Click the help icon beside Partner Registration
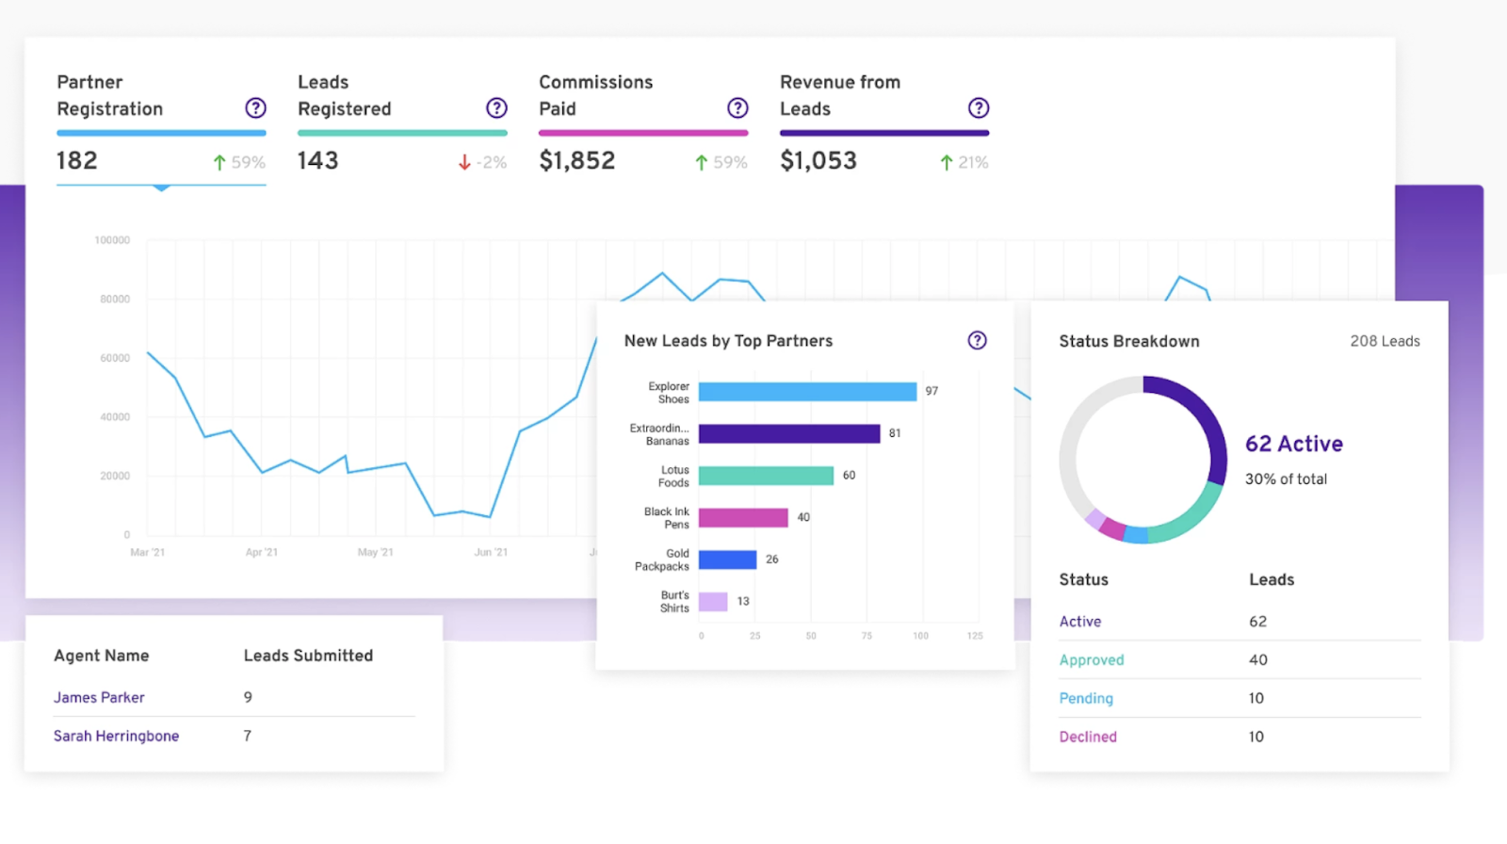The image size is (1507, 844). [255, 108]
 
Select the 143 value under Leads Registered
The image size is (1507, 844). [317, 161]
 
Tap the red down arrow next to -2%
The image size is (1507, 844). [464, 163]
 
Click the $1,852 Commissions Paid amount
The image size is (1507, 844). [576, 161]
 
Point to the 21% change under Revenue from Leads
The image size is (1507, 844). [973, 163]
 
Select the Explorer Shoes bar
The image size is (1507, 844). [807, 392]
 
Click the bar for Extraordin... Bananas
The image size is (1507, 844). [788, 433]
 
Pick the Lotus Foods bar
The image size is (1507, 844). [766, 476]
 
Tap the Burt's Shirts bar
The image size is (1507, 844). [713, 602]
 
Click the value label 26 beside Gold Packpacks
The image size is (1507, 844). [772, 560]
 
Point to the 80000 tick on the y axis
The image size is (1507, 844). [115, 300]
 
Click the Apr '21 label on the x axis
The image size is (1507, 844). [261, 553]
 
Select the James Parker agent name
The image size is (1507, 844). [99, 698]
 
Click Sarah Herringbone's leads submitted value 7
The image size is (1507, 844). [248, 736]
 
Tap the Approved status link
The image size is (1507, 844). [1092, 660]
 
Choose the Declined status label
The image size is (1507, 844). [1088, 738]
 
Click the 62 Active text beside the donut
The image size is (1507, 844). [1294, 445]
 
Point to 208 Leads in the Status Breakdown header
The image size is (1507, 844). [1385, 342]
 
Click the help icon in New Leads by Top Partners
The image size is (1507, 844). [978, 341]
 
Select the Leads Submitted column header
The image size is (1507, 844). [308, 656]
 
